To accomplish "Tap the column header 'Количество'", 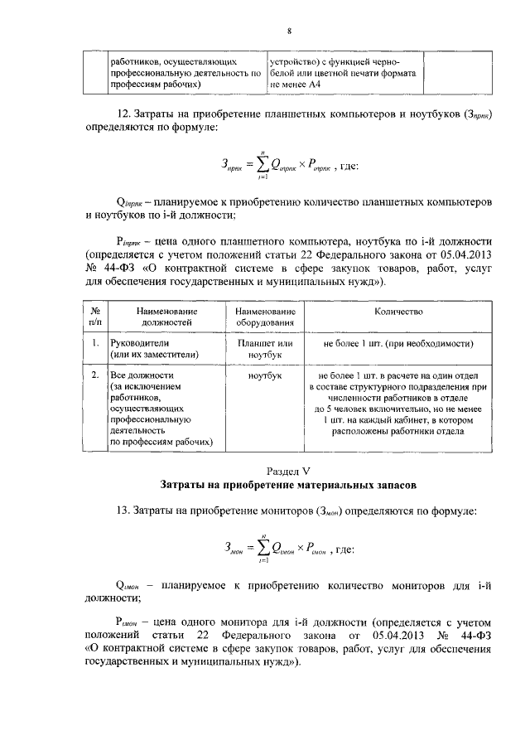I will pyautogui.click(x=398, y=312).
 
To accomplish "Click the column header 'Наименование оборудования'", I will pyautogui.click(x=265, y=317).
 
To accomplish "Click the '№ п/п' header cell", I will pyautogui.click(x=95, y=317).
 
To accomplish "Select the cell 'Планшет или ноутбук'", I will pyautogui.click(x=265, y=348).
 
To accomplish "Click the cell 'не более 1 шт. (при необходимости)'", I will pyautogui.click(x=398, y=343).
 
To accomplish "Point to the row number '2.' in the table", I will pyautogui.click(x=95, y=375).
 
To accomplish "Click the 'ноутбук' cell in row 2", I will pyautogui.click(x=265, y=375).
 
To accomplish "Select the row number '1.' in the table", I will pyautogui.click(x=95, y=343).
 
